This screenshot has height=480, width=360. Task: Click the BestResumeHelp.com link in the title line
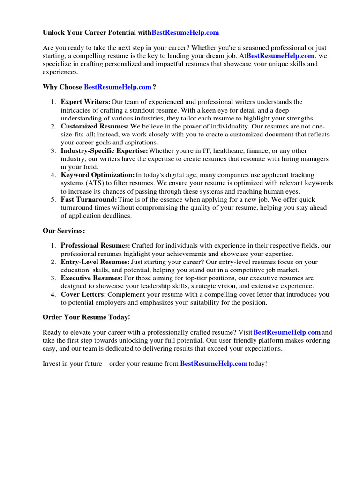[185, 33]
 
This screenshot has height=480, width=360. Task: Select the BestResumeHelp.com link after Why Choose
[118, 87]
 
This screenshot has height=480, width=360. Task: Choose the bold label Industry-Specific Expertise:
[104, 150]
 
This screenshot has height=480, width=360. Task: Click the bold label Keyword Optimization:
[97, 175]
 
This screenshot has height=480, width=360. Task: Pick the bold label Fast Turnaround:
[89, 199]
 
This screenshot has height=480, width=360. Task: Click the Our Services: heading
[64, 231]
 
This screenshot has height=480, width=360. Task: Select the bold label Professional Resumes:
[96, 245]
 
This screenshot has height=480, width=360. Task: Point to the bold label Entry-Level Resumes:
[95, 262]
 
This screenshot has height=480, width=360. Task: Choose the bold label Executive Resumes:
[91, 278]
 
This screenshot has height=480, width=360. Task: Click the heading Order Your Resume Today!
[86, 317]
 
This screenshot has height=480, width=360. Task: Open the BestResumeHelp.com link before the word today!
[214, 363]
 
